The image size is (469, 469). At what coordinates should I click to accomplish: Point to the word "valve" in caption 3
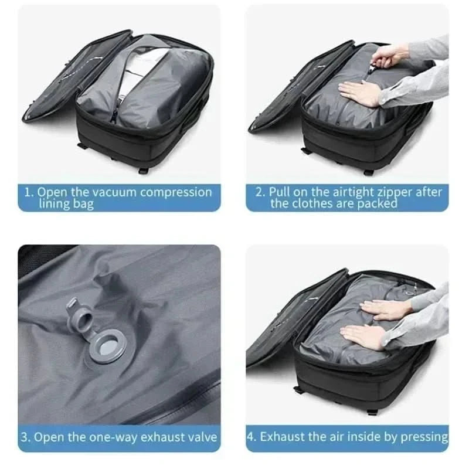(202, 437)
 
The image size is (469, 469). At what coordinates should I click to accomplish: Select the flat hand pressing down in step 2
(359, 93)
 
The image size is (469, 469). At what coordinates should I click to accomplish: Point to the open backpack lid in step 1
(64, 82)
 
